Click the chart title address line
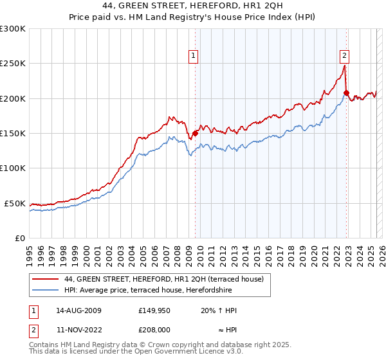pos(193,6)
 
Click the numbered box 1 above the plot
pos(193,56)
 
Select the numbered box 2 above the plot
pos(345,56)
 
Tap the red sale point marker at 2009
pos(196,134)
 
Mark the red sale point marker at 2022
pos(346,93)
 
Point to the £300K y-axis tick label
pos(13,29)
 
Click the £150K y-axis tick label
pos(13,134)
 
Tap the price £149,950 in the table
pos(154,310)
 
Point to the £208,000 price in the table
pos(154,330)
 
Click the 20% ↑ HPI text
pos(219,310)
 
